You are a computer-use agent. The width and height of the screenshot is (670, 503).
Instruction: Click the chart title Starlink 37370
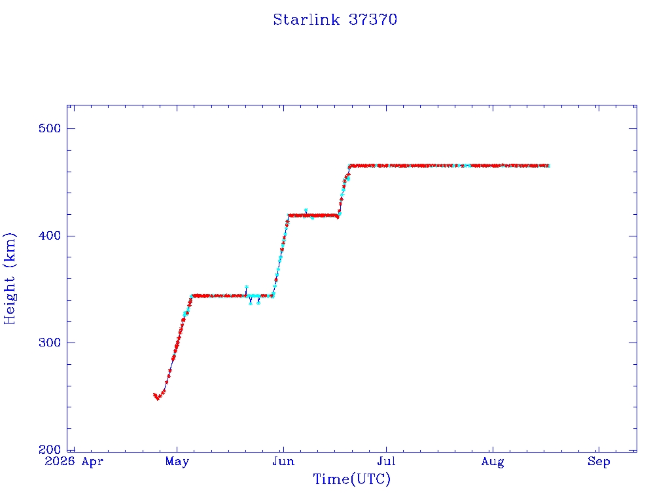coord(335,20)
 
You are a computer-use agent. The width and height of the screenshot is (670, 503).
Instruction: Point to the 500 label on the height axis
coord(50,128)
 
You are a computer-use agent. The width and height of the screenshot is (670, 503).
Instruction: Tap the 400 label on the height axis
coord(50,236)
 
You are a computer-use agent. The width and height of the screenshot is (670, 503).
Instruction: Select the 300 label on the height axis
coord(50,343)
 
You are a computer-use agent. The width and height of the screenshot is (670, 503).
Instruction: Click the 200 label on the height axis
coord(50,449)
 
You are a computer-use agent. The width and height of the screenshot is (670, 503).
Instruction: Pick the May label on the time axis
coord(177,462)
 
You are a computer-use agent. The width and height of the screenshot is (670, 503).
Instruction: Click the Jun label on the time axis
coord(283,462)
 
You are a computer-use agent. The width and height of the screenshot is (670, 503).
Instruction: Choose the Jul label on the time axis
coord(386,462)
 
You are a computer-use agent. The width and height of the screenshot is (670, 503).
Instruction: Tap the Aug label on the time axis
coord(493,462)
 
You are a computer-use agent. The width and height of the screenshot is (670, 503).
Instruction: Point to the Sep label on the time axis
coord(599,462)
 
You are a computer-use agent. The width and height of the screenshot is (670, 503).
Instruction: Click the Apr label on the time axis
coord(92,462)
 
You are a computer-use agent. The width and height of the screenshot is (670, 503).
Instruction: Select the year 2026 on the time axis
coord(60,462)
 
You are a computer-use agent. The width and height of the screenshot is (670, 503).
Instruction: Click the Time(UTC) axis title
coord(351,479)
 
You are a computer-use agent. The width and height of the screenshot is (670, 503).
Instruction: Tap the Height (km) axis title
coord(9,278)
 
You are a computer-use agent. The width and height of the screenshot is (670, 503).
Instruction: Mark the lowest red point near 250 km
coord(158,399)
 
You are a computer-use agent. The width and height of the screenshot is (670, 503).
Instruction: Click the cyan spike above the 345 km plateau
coord(246,287)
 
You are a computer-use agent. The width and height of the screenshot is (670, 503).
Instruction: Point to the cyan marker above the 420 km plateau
coord(306,210)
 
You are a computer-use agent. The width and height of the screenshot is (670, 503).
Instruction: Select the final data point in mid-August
coord(548,166)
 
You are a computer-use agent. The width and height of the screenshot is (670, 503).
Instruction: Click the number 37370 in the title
coord(373,20)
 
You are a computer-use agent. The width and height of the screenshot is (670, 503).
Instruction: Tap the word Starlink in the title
coord(306,20)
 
